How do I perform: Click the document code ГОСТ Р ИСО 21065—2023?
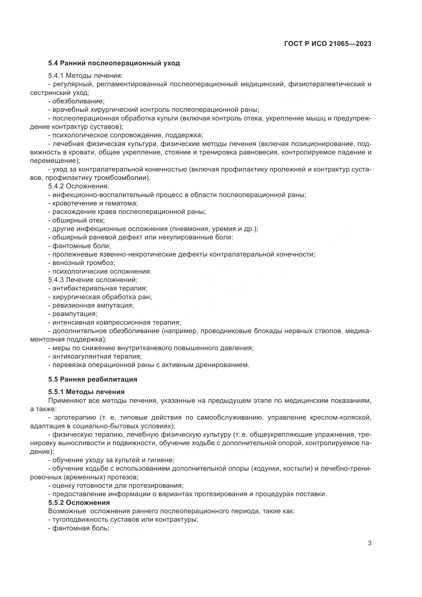click(x=328, y=44)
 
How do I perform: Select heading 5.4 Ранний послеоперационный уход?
click(x=114, y=63)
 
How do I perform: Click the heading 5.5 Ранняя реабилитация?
click(x=93, y=379)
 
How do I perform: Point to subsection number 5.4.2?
click(x=56, y=186)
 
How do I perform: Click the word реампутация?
click(x=75, y=314)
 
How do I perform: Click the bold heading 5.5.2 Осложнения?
click(x=79, y=503)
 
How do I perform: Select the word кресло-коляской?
click(x=340, y=418)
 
